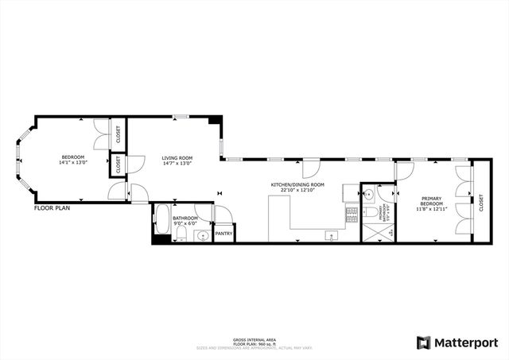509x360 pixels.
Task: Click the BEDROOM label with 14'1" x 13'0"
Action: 72,157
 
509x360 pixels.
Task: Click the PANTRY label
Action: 223,234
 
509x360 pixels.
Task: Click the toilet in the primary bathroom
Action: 370,213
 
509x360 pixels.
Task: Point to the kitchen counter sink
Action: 330,235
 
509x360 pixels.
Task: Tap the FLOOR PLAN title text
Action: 53,208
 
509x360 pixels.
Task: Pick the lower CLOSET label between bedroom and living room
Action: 119,165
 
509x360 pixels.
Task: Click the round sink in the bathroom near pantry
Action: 202,236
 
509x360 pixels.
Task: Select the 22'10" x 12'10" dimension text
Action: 293,191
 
